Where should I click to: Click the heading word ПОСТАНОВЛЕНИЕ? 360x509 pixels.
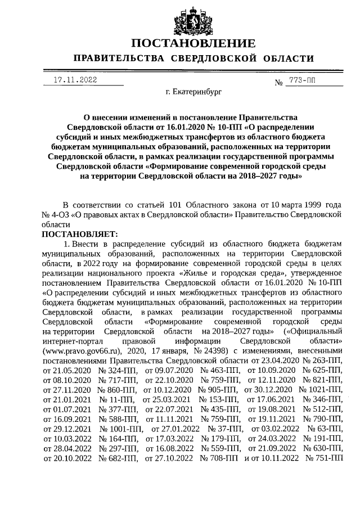point(193,44)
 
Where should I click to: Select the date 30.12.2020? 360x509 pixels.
point(274,390)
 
